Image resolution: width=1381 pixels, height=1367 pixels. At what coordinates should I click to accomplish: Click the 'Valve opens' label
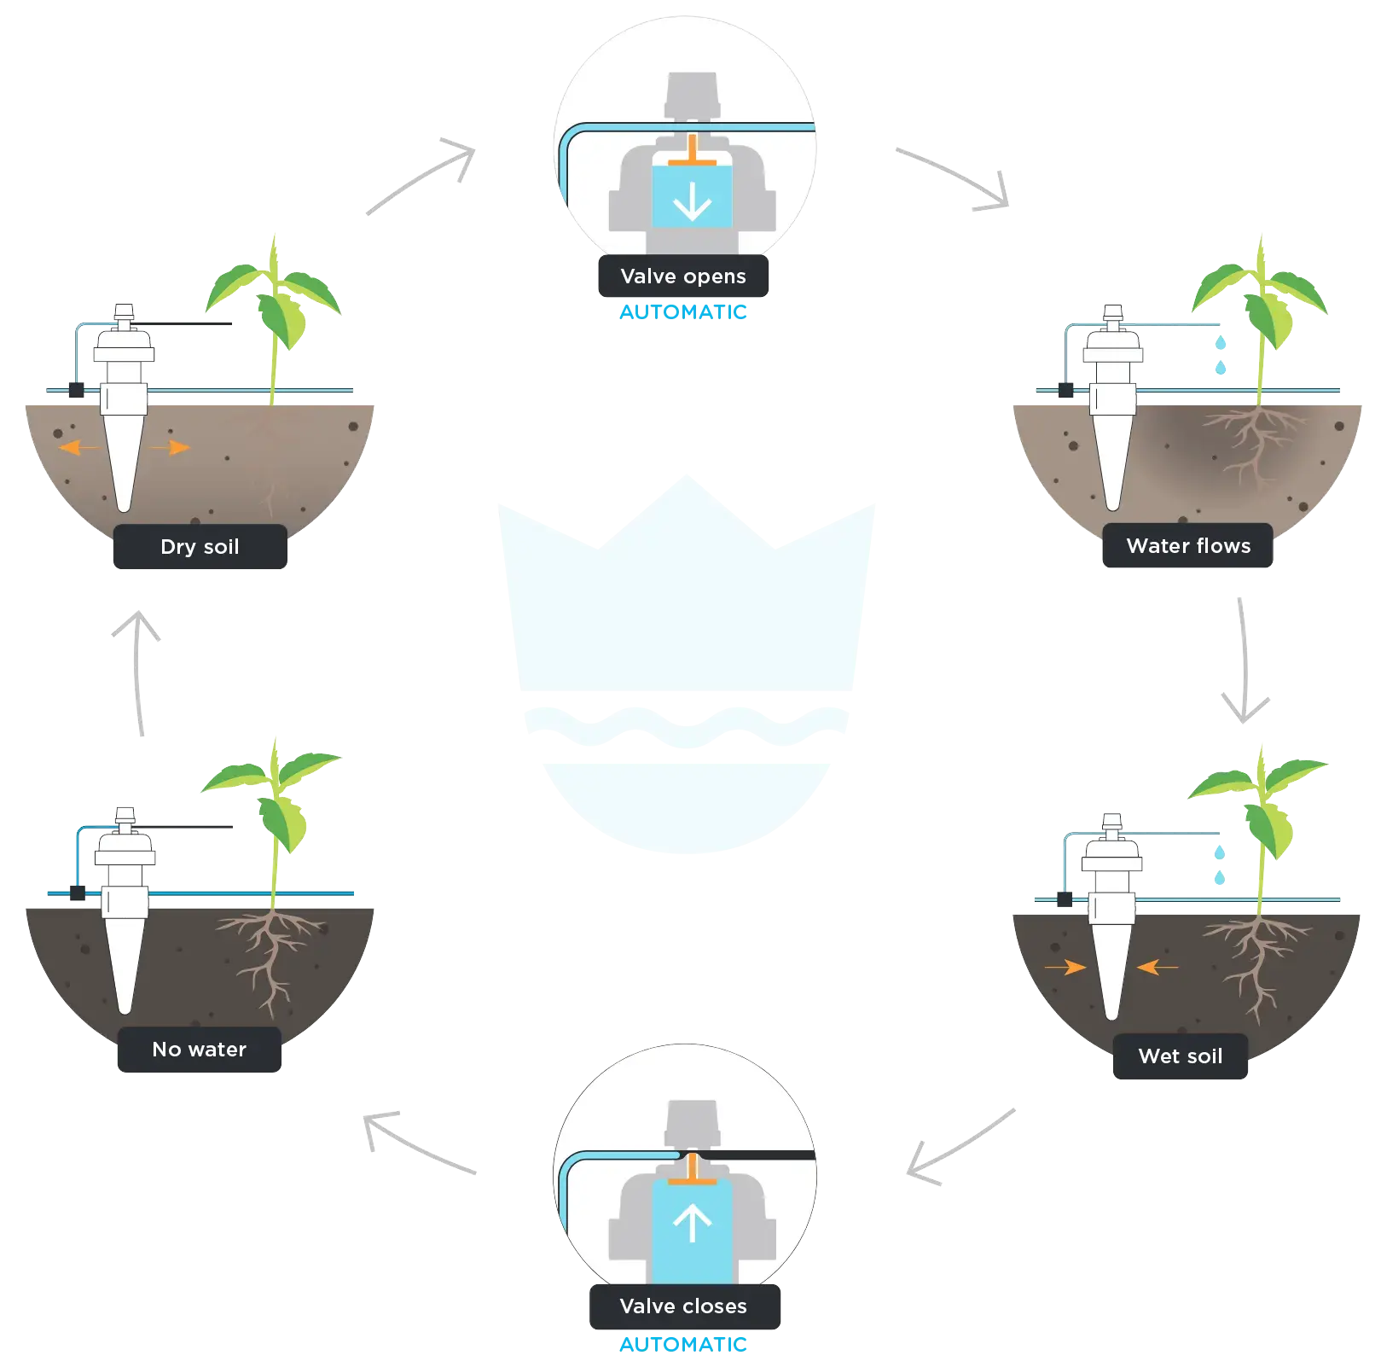click(682, 276)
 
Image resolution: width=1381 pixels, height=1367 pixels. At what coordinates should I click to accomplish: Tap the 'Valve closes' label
click(683, 1306)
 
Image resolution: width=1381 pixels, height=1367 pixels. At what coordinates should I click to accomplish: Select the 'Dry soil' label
click(200, 547)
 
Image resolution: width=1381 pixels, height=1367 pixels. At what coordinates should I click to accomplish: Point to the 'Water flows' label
click(1188, 546)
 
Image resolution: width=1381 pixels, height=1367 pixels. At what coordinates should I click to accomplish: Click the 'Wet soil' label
click(1180, 1056)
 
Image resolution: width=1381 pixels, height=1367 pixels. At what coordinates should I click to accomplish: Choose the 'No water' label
click(199, 1050)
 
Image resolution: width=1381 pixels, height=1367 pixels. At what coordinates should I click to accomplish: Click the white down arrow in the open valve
click(692, 201)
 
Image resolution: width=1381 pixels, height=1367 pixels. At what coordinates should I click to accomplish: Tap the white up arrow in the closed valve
click(692, 1223)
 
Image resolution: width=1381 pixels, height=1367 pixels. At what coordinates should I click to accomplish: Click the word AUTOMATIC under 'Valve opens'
click(683, 312)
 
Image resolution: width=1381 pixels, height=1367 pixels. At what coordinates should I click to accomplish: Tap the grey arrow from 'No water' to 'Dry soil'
click(137, 669)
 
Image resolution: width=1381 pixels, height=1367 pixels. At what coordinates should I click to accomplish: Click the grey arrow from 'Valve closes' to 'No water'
click(417, 1142)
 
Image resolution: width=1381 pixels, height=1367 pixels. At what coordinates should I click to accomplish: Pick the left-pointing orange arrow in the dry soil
click(78, 447)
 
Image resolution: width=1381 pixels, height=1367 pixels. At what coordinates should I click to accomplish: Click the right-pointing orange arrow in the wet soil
click(1065, 967)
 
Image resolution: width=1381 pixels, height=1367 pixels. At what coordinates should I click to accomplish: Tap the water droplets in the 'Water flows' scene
click(1221, 355)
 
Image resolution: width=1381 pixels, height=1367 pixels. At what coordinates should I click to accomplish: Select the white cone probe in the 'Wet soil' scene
click(1111, 964)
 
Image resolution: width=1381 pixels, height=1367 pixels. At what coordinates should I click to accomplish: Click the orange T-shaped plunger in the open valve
click(692, 154)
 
